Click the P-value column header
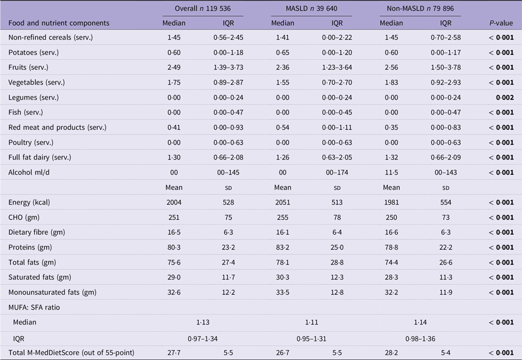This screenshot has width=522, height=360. click(x=501, y=23)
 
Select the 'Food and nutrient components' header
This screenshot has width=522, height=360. click(x=59, y=23)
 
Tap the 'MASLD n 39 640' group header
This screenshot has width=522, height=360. click(x=311, y=8)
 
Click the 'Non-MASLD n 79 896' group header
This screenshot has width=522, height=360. click(x=420, y=8)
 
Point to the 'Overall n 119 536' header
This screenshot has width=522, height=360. click(x=203, y=8)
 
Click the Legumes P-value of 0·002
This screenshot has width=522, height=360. click(x=505, y=97)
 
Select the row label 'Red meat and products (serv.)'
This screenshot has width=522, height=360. click(x=58, y=128)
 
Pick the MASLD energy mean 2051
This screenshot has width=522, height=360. click(x=282, y=202)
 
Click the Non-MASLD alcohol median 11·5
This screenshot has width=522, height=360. click(x=391, y=173)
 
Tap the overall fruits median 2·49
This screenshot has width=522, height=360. click(x=174, y=67)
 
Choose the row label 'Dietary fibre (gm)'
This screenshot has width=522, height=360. click(x=37, y=232)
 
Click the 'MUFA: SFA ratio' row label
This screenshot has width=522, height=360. click(x=34, y=307)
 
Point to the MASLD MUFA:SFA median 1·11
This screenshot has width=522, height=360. click(x=311, y=322)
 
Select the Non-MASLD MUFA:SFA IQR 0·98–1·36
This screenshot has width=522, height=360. click(x=420, y=339)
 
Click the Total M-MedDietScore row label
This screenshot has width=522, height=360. click(x=71, y=353)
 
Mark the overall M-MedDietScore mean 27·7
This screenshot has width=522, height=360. click(x=174, y=353)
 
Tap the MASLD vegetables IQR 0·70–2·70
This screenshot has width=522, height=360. click(x=337, y=82)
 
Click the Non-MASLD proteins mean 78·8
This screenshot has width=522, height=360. click(x=391, y=247)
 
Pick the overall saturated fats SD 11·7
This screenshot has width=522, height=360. click(x=228, y=277)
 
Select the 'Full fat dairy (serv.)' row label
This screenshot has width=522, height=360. click(x=40, y=157)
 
